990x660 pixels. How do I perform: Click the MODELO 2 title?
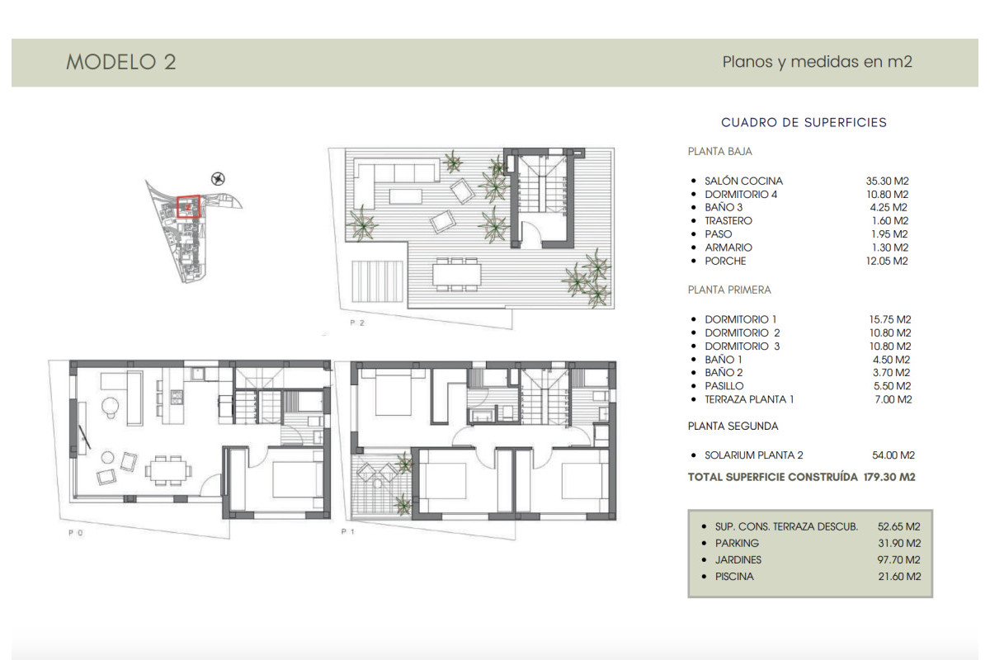pyautogui.click(x=120, y=63)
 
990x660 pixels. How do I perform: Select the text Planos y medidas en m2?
pyautogui.click(x=817, y=62)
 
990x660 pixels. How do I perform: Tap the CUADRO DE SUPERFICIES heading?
pyautogui.click(x=804, y=122)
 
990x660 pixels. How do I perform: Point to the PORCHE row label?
pyautogui.click(x=725, y=261)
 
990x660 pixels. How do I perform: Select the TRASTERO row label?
pyautogui.click(x=728, y=221)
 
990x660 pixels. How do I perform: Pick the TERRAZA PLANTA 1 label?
pyautogui.click(x=749, y=399)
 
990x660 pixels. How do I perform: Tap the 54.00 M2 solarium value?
pyautogui.click(x=890, y=455)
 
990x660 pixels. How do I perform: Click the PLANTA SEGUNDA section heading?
pyautogui.click(x=733, y=427)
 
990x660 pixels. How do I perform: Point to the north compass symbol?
pyautogui.click(x=218, y=177)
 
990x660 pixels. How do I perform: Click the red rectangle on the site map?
pyautogui.click(x=189, y=208)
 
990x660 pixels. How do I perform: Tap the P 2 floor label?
pyautogui.click(x=356, y=323)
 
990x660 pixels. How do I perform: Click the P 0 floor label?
pyautogui.click(x=76, y=533)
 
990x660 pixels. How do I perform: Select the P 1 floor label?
pyautogui.click(x=347, y=533)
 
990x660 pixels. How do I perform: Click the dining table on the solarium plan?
pyautogui.click(x=457, y=271)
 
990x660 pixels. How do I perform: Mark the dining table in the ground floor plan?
pyautogui.click(x=169, y=469)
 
